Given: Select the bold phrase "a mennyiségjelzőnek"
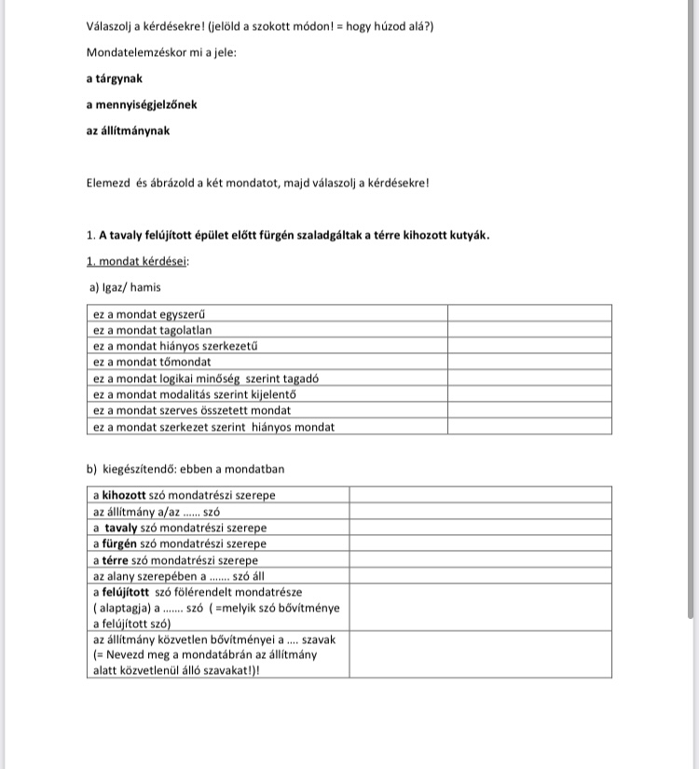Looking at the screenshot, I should (141, 104).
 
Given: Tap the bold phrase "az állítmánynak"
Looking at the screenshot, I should (128, 130).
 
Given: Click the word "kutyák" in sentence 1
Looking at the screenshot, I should (469, 235).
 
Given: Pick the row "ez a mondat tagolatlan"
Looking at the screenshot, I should (153, 329).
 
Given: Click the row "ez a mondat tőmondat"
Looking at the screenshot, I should (153, 362).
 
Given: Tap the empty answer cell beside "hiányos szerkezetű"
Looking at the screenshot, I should (528, 346).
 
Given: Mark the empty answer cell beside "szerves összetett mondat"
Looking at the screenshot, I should (528, 410).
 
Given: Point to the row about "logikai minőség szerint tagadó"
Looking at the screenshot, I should (206, 378).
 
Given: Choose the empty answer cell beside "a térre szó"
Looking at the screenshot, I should (479, 560).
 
